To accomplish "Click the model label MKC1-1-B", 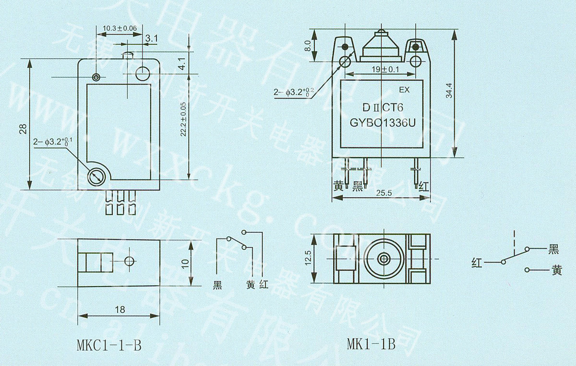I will point(108,345).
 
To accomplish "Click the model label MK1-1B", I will point(371,344).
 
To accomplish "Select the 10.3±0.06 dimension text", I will point(120,28).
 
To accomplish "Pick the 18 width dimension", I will point(120,310).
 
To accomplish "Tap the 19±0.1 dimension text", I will point(385,69).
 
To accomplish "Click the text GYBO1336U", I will point(382,123).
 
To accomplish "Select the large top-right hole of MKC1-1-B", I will point(143,74).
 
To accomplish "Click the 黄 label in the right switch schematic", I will point(556,271).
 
